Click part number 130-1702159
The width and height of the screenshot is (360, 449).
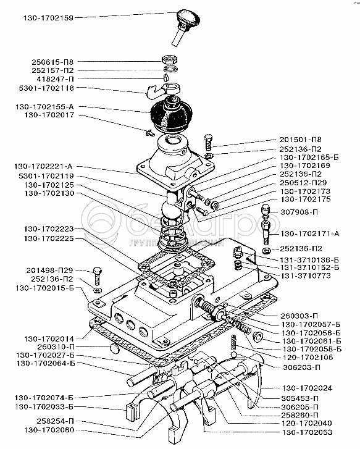click(x=48, y=18)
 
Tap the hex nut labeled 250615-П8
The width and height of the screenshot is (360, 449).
click(x=170, y=60)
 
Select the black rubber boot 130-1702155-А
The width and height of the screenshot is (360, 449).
click(x=168, y=114)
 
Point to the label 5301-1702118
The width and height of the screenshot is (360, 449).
click(x=46, y=88)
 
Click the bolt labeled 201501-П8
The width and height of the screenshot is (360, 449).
click(x=209, y=142)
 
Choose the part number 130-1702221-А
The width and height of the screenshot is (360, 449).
click(x=43, y=166)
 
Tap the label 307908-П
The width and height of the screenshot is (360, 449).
click(x=299, y=212)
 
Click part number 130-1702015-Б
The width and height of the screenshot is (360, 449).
click(x=44, y=288)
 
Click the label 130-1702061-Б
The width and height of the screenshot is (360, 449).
click(x=312, y=341)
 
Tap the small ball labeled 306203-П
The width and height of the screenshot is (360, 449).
click(x=234, y=355)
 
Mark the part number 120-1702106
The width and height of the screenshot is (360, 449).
click(x=308, y=358)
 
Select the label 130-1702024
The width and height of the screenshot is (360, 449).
click(x=308, y=388)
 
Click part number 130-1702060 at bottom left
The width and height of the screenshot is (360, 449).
click(x=49, y=430)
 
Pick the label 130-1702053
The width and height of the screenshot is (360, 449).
click(x=308, y=432)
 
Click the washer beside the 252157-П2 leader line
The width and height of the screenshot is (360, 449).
click(x=170, y=69)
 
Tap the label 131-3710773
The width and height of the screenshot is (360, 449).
click(x=306, y=275)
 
